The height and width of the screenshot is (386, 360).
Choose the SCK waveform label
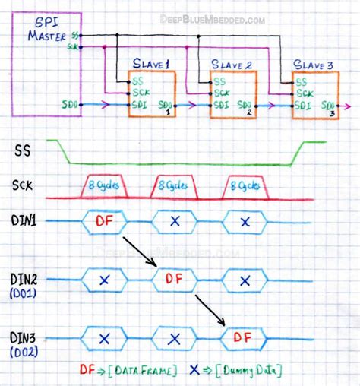(x=25, y=185)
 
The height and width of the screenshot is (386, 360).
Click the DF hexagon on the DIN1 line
(x=105, y=221)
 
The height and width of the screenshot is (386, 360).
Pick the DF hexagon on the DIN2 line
(x=175, y=279)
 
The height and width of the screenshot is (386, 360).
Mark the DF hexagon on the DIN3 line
(x=245, y=336)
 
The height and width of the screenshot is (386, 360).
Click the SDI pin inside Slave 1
(x=139, y=104)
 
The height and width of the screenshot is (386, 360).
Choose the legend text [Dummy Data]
(x=250, y=370)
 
